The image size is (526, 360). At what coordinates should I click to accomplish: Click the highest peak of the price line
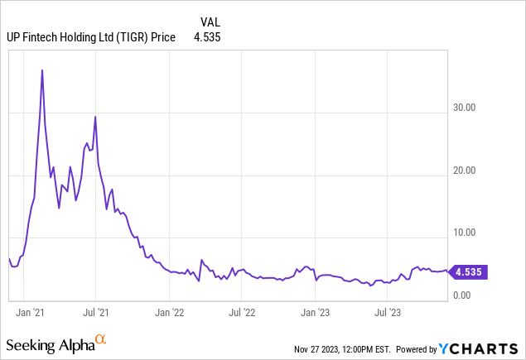point(42,70)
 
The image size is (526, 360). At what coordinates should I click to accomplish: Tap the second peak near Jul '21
point(95,117)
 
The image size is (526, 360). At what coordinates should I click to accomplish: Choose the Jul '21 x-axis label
point(98,313)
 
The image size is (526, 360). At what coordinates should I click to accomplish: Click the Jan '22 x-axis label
point(170,313)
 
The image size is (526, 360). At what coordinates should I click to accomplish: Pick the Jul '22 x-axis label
point(241,313)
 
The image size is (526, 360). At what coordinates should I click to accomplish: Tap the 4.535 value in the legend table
point(207,36)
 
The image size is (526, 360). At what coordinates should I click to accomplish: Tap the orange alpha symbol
point(101,340)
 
